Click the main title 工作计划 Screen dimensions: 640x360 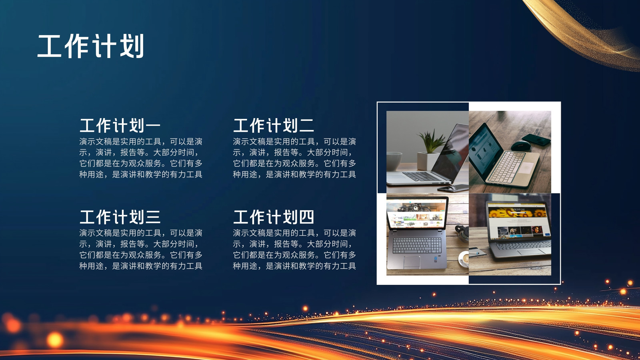click(x=90, y=46)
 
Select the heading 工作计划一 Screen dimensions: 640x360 click(x=120, y=126)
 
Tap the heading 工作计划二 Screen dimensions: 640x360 click(x=274, y=126)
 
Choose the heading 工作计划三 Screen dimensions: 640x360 click(x=120, y=217)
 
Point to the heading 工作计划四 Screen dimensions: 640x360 click(x=274, y=217)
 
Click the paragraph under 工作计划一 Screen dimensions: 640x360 click(x=141, y=158)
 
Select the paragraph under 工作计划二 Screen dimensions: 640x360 click(x=294, y=158)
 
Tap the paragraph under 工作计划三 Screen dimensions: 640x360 click(x=141, y=250)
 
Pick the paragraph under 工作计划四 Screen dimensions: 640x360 click(x=294, y=250)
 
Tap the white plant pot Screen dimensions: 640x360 click(x=428, y=161)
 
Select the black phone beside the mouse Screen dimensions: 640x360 click(x=536, y=140)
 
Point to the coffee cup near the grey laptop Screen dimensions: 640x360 click(x=464, y=259)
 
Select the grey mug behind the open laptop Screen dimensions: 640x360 click(x=394, y=161)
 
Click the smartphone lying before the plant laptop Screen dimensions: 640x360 click(x=452, y=188)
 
